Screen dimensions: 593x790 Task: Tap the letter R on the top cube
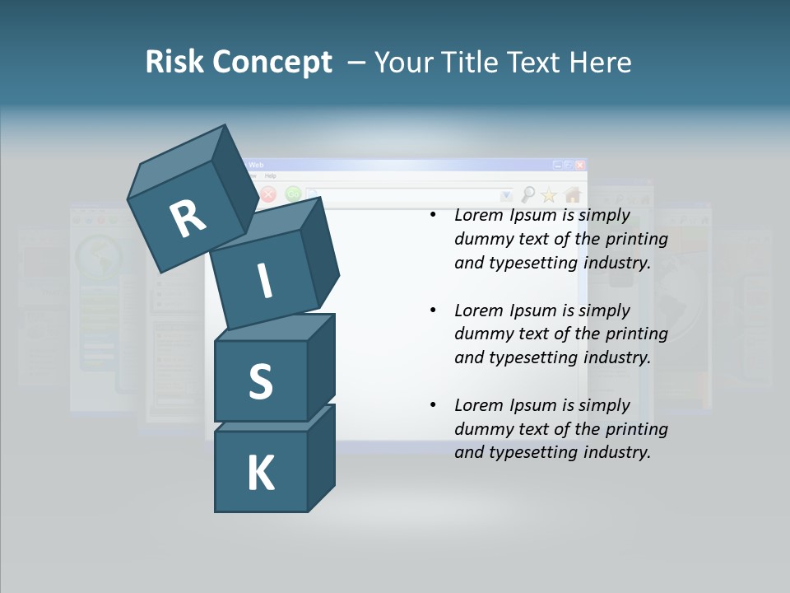[x=188, y=218]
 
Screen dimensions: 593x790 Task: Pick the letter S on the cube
[x=260, y=382]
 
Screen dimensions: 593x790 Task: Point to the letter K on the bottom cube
[x=261, y=473]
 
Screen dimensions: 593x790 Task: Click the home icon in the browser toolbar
[x=573, y=194]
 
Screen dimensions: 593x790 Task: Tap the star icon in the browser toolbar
[x=549, y=195]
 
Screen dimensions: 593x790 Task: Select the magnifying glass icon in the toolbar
[x=527, y=194]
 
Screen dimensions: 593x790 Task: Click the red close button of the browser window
[x=580, y=165]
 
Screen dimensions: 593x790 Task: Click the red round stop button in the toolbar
[x=268, y=195]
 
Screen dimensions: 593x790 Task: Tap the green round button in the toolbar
[x=293, y=194]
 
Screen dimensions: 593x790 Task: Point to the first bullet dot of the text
[x=433, y=216]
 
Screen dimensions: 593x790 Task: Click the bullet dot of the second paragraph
[x=433, y=311]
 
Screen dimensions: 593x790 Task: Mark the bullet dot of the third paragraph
[x=433, y=405]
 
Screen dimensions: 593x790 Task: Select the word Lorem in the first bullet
[x=478, y=216]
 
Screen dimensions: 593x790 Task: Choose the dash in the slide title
[x=357, y=62]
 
